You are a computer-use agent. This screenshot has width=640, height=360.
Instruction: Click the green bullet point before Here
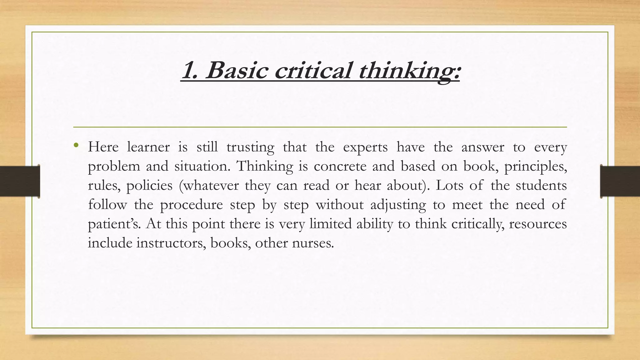point(76,145)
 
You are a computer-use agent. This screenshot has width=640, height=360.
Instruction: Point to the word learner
point(148,147)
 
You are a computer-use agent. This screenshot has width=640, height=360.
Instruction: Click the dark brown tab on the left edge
point(20,181)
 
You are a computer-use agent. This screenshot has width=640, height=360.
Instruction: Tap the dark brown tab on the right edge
point(620,181)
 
